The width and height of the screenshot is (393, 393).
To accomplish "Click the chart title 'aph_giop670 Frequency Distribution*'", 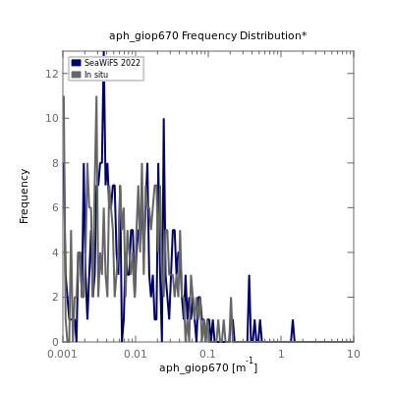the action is pyautogui.click(x=208, y=35).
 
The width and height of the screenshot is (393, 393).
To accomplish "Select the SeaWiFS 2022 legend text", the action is pyautogui.click(x=112, y=63).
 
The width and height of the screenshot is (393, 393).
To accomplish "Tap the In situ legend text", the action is pyautogui.click(x=96, y=75).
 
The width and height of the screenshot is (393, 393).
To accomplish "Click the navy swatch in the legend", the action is pyautogui.click(x=76, y=63).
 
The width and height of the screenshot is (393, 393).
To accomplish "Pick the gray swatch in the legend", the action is pyautogui.click(x=76, y=75).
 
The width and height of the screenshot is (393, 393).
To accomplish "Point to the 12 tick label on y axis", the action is pyautogui.click(x=52, y=74).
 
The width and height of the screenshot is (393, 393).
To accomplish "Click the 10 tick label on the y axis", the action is pyautogui.click(x=52, y=118).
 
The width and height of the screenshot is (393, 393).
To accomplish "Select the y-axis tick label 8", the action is pyautogui.click(x=55, y=163).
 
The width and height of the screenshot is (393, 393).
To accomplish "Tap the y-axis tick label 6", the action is pyautogui.click(x=55, y=207).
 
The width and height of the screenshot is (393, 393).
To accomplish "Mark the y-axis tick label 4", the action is pyautogui.click(x=55, y=253).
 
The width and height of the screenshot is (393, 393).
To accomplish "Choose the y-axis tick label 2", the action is pyautogui.click(x=55, y=297).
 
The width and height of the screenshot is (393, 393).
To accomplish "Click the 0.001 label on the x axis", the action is pyautogui.click(x=63, y=354).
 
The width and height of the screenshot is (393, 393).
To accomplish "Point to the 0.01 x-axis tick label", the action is pyautogui.click(x=136, y=354).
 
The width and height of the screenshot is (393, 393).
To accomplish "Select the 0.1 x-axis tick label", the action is pyautogui.click(x=208, y=354).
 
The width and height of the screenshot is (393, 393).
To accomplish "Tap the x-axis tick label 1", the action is pyautogui.click(x=281, y=354).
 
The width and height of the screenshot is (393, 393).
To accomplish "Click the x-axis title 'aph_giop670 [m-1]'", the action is pyautogui.click(x=208, y=366).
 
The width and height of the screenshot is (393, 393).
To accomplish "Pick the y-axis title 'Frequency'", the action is pyautogui.click(x=24, y=196).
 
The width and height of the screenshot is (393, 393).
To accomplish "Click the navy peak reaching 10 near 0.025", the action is pyautogui.click(x=163, y=119).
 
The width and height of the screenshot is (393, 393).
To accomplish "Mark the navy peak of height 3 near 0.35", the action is pyautogui.click(x=249, y=276).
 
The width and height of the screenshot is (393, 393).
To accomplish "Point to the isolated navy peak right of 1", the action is pyautogui.click(x=293, y=320).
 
